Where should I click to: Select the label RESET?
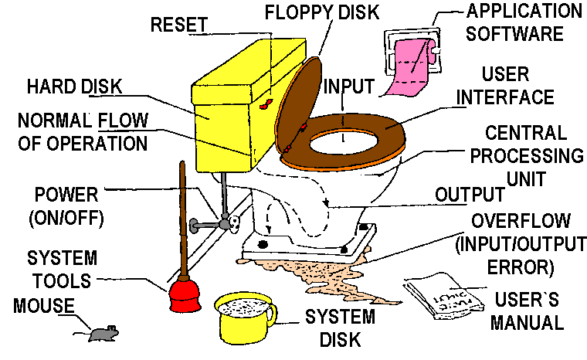click(178, 25)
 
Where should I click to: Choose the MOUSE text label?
click(43, 307)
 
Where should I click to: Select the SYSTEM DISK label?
click(339, 328)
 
